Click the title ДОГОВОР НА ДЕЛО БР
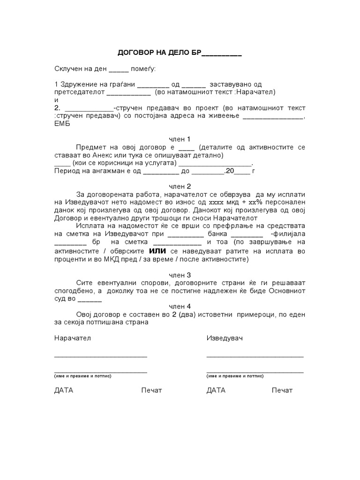(x=159, y=53)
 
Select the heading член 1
(x=180, y=139)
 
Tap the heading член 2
(x=180, y=186)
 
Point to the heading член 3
(x=180, y=275)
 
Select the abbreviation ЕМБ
(x=63, y=124)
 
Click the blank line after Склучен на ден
(x=118, y=70)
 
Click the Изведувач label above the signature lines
(x=225, y=338)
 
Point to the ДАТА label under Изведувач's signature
(x=216, y=390)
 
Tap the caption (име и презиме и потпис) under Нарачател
(x=82, y=376)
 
